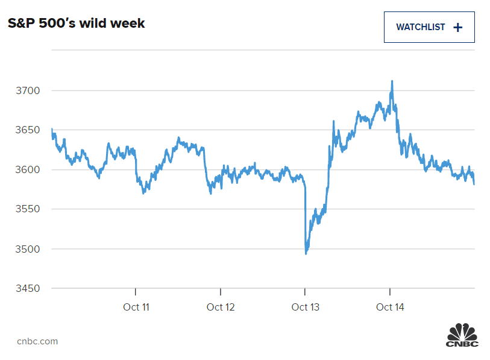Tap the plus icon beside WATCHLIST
(x=457, y=27)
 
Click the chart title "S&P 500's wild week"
(x=76, y=24)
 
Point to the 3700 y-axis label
(x=27, y=90)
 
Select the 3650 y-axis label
(x=27, y=130)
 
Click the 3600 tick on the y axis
(x=27, y=169)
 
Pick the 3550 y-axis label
(x=27, y=209)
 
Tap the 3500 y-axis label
(x=27, y=249)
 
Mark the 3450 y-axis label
(x=27, y=288)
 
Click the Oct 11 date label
(x=136, y=308)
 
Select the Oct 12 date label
(x=221, y=308)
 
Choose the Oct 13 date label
(x=305, y=308)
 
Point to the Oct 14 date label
(x=390, y=308)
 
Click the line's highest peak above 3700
(x=392, y=81)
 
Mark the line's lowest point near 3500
(x=306, y=253)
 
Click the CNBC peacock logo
(x=462, y=335)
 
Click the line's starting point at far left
(x=52, y=129)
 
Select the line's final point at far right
(x=474, y=184)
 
